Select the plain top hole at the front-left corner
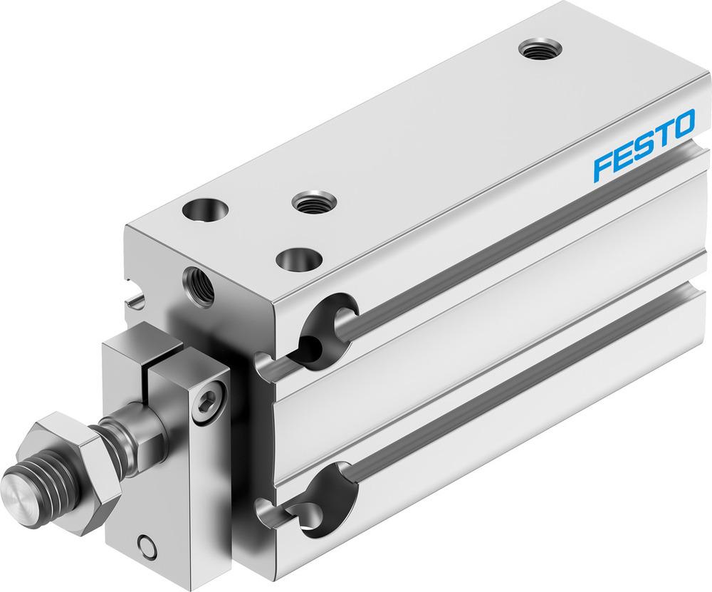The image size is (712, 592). [x=205, y=210]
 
